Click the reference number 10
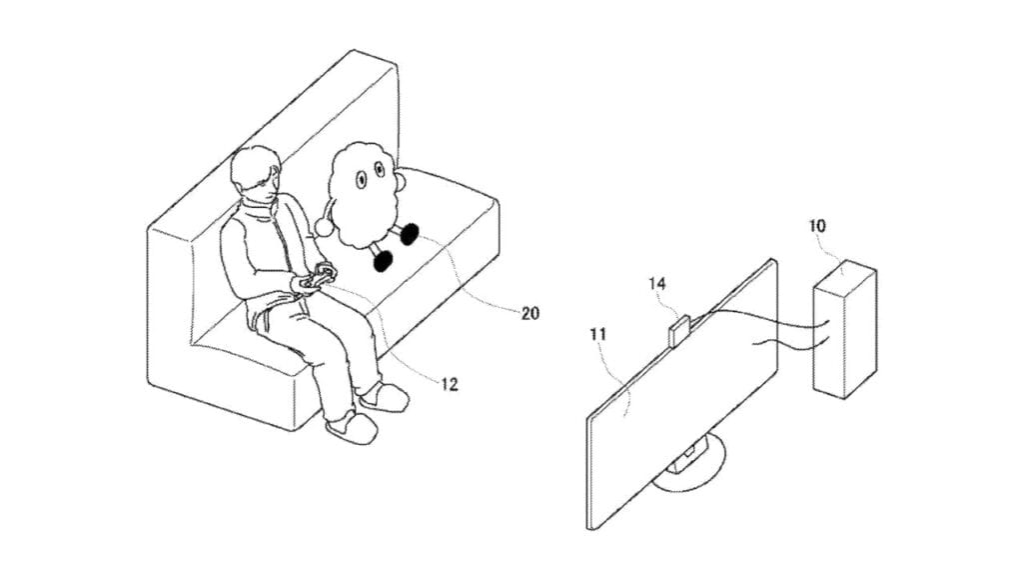pos(817,226)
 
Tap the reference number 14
pos(657,283)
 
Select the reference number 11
pos(597,334)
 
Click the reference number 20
pos(530,313)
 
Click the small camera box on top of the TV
pos(679,330)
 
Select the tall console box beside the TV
pos(845,330)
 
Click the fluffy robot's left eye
pos(360,179)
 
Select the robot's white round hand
pos(324,226)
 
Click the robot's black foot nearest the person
pos(383,260)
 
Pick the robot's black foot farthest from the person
pos(409,233)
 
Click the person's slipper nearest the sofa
pos(384,397)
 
